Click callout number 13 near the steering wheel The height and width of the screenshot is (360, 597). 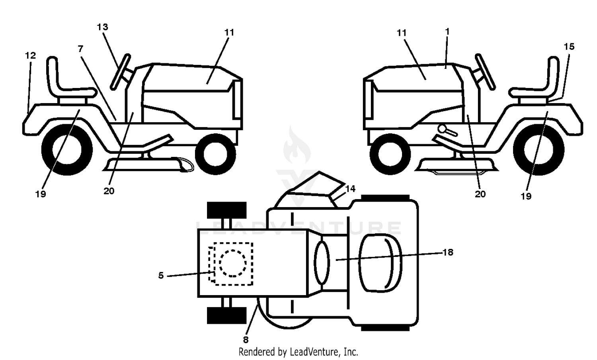(102, 27)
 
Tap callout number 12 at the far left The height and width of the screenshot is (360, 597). (30, 55)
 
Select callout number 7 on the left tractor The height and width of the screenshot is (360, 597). (80, 49)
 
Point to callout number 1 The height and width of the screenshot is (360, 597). (447, 32)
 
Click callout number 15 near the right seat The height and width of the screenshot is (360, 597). (569, 47)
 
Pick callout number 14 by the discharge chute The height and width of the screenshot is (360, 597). (350, 189)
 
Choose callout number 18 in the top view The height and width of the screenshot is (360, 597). (448, 252)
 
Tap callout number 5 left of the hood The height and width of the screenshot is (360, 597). (161, 276)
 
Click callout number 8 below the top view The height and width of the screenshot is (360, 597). (246, 340)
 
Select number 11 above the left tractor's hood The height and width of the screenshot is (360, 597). (229, 33)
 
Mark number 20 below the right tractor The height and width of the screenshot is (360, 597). (480, 194)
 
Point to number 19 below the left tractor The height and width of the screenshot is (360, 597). (41, 194)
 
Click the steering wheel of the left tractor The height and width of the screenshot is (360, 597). (121, 72)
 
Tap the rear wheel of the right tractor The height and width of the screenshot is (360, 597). (538, 150)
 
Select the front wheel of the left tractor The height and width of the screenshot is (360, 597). (215, 154)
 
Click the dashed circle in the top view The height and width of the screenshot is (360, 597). (233, 264)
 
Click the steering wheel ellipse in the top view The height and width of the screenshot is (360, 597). (322, 263)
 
